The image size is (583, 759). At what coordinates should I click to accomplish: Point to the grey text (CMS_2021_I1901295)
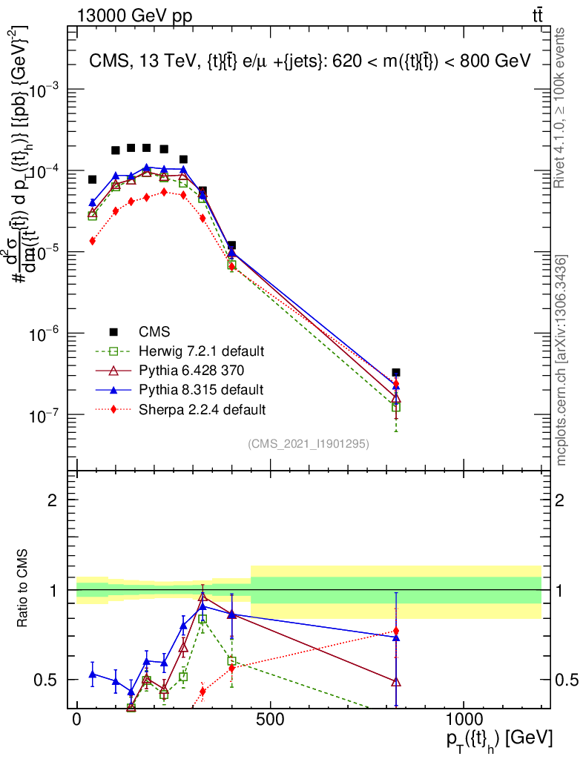[309, 444]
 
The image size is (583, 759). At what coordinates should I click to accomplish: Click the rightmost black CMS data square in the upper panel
[396, 373]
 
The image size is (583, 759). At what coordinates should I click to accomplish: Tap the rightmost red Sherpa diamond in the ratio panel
[396, 631]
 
